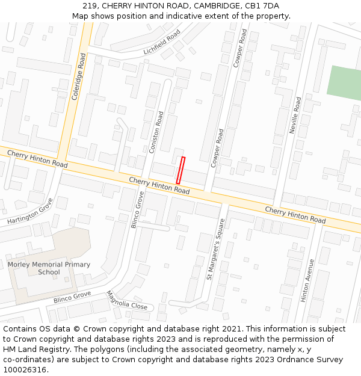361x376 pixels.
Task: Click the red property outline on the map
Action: point(180,170)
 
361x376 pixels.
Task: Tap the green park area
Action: point(344,81)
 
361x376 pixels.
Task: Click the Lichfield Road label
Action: point(162,43)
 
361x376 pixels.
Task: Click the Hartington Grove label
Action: point(30,214)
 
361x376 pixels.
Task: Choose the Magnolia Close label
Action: point(126,300)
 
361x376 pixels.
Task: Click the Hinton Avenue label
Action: point(307,280)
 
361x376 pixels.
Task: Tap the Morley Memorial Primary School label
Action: point(49,268)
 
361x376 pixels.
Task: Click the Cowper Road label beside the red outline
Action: point(217,148)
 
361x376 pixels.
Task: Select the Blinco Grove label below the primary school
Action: point(72,296)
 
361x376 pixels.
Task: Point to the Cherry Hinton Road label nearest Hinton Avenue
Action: point(295,215)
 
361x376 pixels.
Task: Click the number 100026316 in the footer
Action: point(25,370)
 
